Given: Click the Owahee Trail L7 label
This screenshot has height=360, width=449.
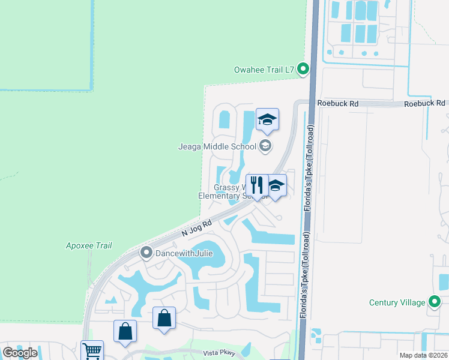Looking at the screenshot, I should [x=264, y=70].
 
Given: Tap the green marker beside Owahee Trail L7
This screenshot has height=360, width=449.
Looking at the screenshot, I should [x=303, y=70].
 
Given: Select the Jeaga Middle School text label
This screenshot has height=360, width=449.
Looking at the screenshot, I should [x=217, y=146].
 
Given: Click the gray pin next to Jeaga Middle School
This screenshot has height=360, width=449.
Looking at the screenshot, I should [x=265, y=145].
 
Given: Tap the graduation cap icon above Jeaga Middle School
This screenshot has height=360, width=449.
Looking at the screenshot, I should [x=267, y=119].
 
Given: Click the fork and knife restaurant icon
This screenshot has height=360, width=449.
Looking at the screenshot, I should [x=257, y=185].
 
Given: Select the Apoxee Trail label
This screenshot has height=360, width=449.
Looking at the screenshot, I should [x=89, y=245].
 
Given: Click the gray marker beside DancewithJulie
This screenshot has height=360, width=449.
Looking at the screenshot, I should [x=146, y=253].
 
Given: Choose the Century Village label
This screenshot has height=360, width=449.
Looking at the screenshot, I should [x=397, y=302].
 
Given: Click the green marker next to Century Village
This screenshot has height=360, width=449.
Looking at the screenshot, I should [x=435, y=302].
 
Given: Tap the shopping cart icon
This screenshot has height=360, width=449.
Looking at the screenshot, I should [x=92, y=351].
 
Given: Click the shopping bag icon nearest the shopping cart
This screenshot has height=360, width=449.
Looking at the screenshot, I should [x=125, y=331].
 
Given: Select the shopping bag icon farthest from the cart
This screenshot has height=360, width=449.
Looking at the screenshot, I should [x=164, y=318].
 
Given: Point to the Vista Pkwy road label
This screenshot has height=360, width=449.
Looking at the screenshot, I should [x=217, y=354].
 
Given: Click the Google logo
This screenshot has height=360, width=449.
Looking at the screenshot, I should [x=20, y=353].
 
